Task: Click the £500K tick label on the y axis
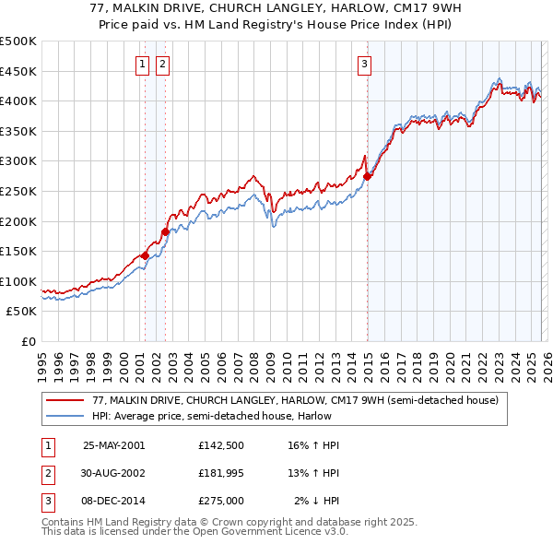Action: (18, 41)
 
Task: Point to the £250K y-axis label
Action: (18, 191)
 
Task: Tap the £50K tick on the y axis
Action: (22, 312)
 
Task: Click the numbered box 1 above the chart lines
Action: (144, 65)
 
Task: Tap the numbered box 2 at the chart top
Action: (162, 65)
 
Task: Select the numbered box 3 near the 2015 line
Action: (365, 65)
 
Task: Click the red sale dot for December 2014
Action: (367, 176)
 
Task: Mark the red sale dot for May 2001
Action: (146, 255)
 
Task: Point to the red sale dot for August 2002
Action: (166, 231)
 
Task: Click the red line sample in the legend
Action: (66, 400)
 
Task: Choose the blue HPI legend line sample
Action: (66, 416)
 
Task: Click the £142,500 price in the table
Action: (220, 444)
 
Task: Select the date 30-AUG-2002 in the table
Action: (114, 473)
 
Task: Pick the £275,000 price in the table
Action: (220, 502)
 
